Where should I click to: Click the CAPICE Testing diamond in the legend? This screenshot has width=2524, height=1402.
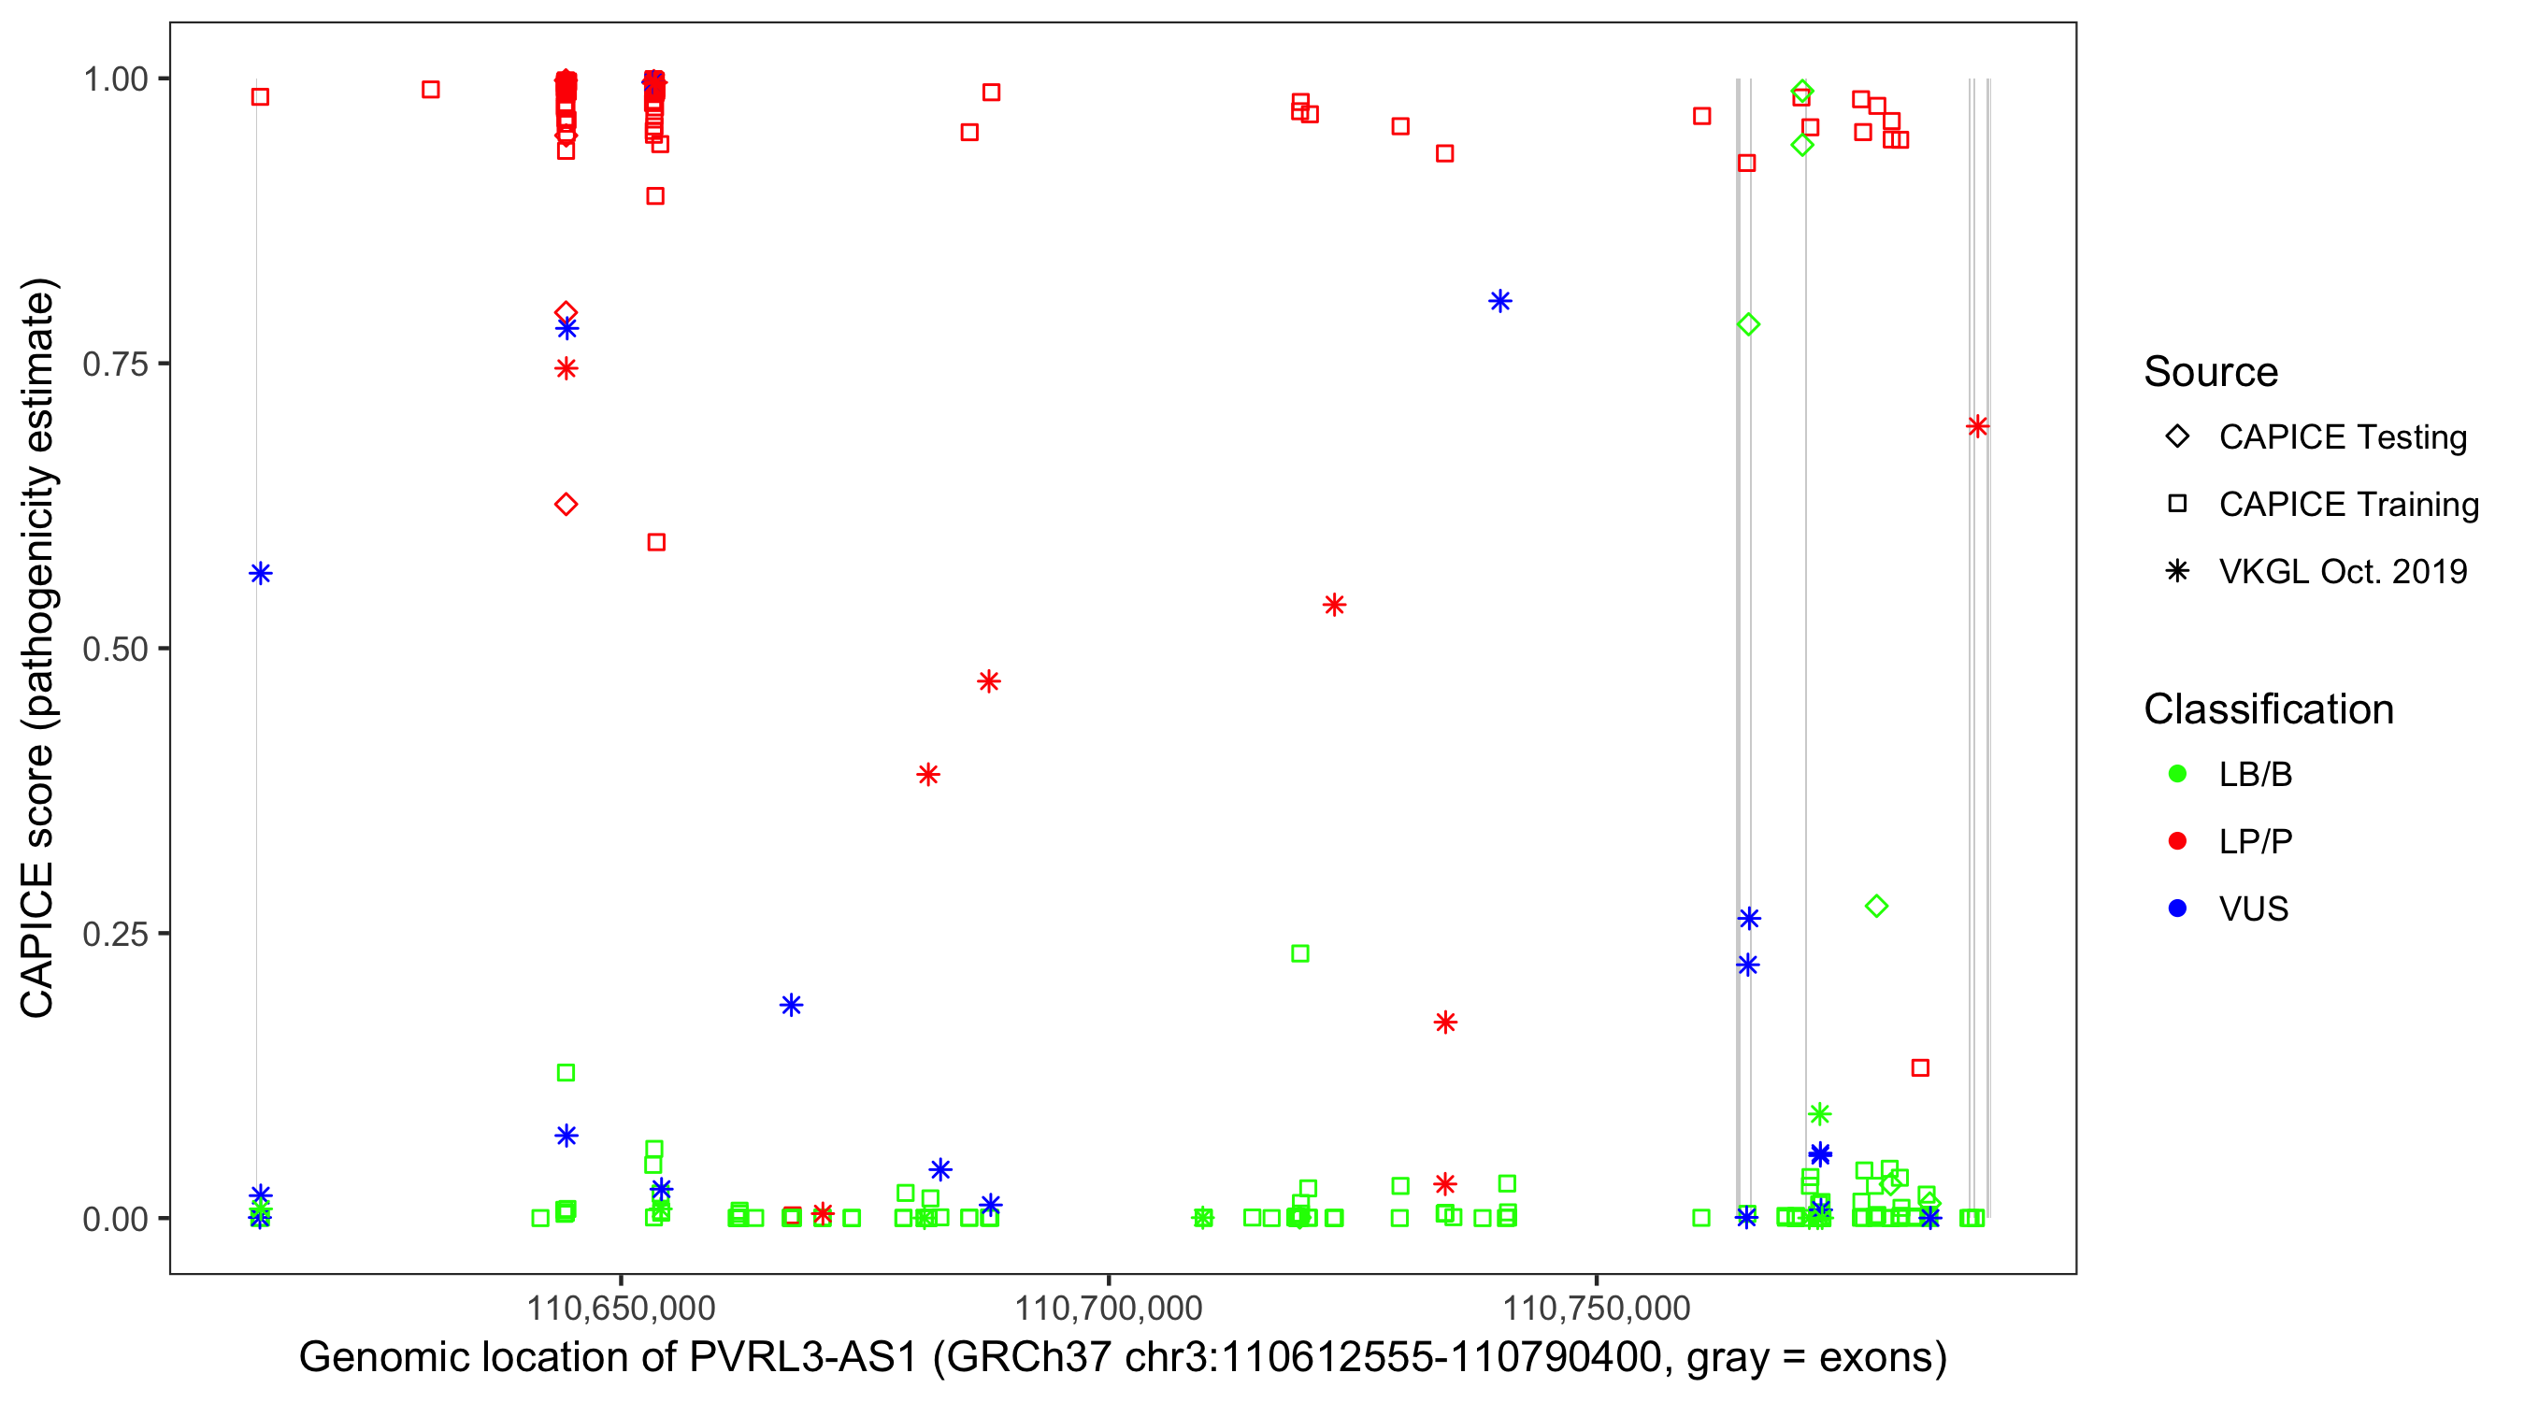point(2177,437)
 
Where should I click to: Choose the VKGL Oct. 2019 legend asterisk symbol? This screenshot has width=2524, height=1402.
point(2177,571)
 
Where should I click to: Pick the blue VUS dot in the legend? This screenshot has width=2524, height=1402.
point(2177,908)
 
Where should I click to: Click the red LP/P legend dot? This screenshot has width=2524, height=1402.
point(2177,841)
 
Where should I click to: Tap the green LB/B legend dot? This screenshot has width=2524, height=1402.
point(2177,774)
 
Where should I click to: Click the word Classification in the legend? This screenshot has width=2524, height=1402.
point(2268,709)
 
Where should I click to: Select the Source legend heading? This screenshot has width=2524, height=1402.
point(2211,372)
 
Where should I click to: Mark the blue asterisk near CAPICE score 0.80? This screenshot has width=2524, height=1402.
point(1500,301)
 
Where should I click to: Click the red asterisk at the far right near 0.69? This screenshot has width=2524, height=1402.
point(1977,426)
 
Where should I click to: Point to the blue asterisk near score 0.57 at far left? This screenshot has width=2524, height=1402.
point(261,573)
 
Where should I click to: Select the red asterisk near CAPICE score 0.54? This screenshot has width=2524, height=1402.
point(1335,605)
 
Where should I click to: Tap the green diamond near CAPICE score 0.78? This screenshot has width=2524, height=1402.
point(1749,324)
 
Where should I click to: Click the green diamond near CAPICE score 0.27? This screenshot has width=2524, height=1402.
point(1876,907)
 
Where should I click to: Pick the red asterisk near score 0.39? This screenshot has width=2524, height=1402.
point(929,775)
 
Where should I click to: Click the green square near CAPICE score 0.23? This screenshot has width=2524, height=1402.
point(1300,953)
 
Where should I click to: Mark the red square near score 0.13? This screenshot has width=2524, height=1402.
point(1920,1068)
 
